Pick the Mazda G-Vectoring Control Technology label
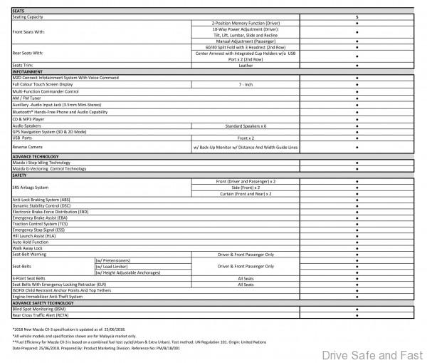49,169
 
